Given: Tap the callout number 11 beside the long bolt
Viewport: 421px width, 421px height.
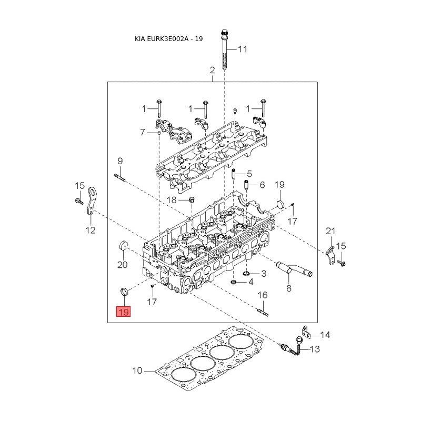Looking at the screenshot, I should (242, 49).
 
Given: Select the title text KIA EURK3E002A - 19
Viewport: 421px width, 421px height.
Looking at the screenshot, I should (169, 39).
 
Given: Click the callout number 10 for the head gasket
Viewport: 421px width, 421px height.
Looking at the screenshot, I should (137, 371).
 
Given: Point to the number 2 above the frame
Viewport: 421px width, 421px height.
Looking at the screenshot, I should (212, 70).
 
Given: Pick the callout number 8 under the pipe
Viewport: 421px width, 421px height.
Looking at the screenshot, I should (288, 288).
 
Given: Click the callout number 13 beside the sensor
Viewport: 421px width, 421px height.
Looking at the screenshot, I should (315, 349).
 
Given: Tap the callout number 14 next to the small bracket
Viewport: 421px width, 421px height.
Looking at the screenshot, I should (325, 335).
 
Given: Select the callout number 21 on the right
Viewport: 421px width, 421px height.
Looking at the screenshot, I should (330, 231).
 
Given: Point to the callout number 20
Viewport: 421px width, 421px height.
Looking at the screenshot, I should (122, 265).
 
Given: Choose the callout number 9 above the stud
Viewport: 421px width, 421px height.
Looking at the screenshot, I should (119, 161).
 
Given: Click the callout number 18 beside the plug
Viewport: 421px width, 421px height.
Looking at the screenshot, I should (172, 200).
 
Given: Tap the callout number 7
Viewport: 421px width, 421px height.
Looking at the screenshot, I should (142, 132).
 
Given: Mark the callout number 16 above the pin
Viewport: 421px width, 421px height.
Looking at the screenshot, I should (263, 295).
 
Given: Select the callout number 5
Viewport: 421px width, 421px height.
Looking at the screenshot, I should (249, 173).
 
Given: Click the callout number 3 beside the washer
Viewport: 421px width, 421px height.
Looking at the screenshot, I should (264, 273).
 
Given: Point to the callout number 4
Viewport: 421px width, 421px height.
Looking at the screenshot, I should (251, 282).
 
